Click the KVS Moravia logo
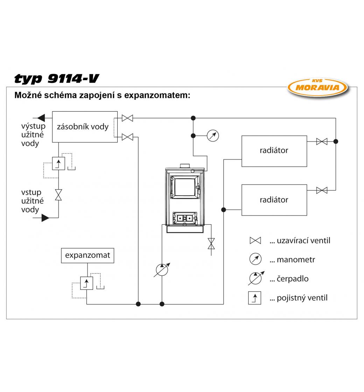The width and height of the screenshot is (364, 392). tap(317, 87)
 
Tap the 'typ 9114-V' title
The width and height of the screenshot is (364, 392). tap(56, 79)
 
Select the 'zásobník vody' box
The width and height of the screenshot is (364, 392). tap(84, 127)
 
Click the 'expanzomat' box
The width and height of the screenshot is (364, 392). tap(87, 255)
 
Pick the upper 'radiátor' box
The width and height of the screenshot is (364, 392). tap(274, 151)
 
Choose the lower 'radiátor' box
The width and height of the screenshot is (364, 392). tap(274, 200)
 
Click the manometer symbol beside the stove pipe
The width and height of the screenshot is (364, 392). tap(213, 135)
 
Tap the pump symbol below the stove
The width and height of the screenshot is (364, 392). tap(162, 270)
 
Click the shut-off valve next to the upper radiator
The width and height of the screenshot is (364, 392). tap(322, 141)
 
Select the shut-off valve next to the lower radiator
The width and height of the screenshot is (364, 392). tap(322, 190)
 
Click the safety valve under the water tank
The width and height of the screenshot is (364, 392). tap(58, 163)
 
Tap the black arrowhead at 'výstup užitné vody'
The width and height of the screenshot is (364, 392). tap(41, 118)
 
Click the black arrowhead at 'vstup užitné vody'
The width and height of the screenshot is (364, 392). tap(45, 218)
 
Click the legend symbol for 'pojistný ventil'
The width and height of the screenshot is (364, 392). tap(254, 298)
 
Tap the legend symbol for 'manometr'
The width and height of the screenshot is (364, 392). tap(255, 259)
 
